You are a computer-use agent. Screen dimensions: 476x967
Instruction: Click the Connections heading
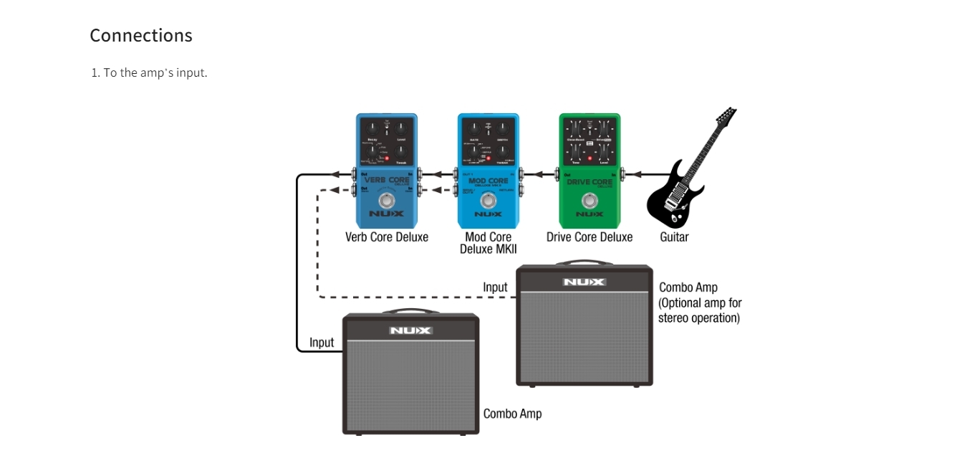click(141, 35)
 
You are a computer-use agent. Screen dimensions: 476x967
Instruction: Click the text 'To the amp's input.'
click(155, 72)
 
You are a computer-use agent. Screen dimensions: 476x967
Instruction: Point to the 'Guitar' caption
click(674, 237)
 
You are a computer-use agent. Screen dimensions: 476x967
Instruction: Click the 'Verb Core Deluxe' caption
click(387, 237)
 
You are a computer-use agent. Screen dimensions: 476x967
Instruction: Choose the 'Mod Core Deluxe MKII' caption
click(489, 243)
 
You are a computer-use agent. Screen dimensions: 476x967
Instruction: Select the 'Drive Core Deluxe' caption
click(590, 237)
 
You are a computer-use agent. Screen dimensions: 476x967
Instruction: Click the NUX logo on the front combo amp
click(410, 330)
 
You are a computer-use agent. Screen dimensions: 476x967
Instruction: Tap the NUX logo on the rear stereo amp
click(584, 282)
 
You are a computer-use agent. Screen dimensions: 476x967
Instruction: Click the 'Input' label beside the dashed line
click(495, 287)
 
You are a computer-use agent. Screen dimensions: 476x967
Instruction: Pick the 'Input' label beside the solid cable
click(322, 343)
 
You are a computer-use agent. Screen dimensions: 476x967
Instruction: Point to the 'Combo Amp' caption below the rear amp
click(512, 414)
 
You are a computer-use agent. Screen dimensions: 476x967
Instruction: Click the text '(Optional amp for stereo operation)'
click(699, 310)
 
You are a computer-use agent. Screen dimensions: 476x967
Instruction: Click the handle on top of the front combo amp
click(410, 312)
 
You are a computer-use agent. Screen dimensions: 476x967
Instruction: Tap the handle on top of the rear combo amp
click(584, 263)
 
